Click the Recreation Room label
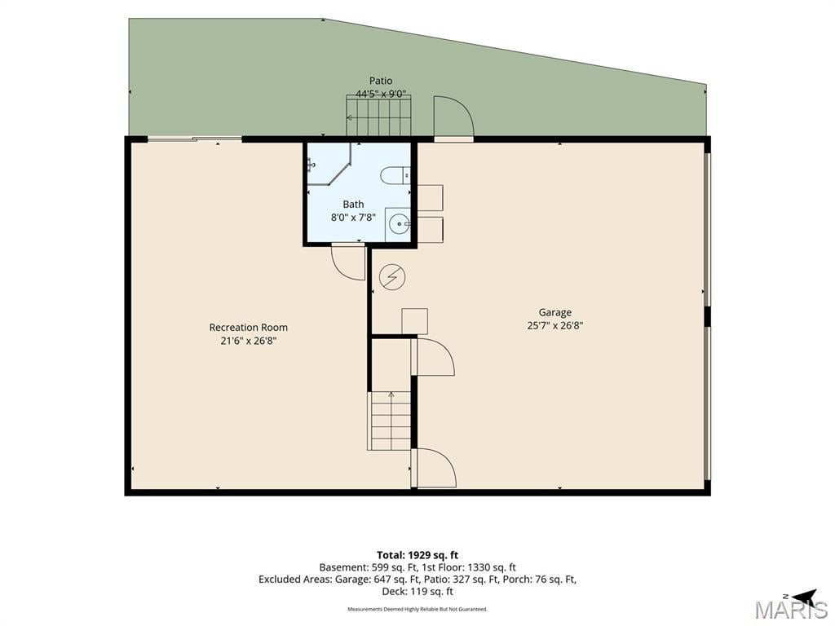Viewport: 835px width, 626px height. point(248,328)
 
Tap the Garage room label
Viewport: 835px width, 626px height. point(554,312)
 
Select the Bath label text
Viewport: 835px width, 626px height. point(353,204)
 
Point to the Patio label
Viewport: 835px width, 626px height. point(381,81)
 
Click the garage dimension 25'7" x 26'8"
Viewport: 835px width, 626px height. point(554,326)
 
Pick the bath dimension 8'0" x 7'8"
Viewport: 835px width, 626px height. point(353,217)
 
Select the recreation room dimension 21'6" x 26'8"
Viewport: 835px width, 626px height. point(248,341)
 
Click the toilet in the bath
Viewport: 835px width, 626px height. point(395,174)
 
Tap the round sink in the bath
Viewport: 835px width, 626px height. point(398,224)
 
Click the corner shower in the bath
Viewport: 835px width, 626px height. point(329,164)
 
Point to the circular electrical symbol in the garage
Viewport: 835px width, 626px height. point(392,277)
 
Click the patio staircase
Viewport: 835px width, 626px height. point(378,116)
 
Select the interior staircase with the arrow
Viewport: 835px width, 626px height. point(391,421)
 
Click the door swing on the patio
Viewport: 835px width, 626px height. point(453,117)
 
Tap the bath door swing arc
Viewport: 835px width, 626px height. point(347,262)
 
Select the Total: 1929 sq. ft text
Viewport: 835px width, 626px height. point(417,555)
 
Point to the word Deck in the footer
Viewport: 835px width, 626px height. point(393,592)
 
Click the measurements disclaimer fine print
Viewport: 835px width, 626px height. point(417,609)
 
